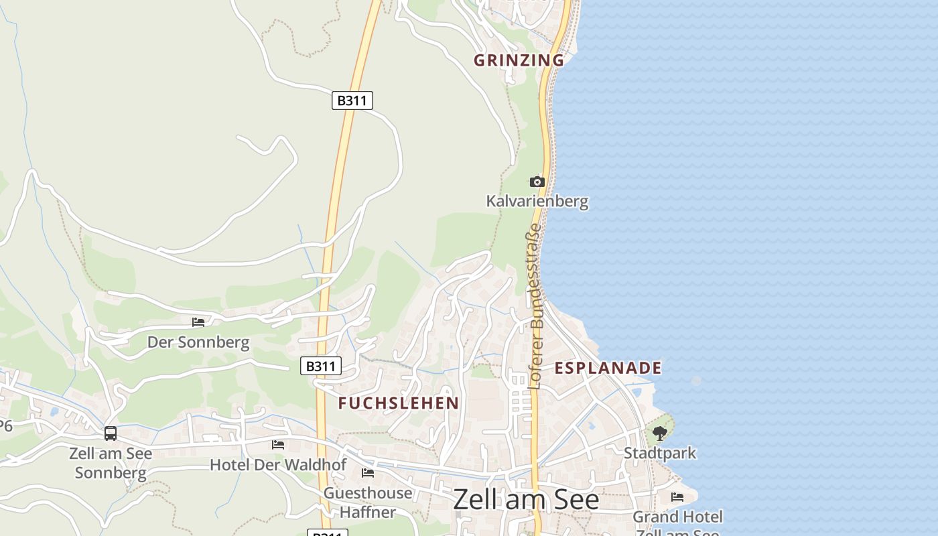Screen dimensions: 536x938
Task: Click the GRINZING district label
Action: (x=519, y=60)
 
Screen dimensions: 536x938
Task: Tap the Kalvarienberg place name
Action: (x=537, y=200)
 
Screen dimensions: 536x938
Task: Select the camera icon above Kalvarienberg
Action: (x=537, y=182)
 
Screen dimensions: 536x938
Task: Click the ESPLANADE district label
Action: (x=608, y=368)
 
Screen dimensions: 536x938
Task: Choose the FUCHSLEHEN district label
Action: (x=398, y=403)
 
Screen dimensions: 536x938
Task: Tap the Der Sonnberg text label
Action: (x=198, y=342)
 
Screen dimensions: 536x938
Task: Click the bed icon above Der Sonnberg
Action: (x=198, y=322)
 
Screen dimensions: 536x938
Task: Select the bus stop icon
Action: (x=111, y=433)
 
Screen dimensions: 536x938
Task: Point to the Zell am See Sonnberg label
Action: (x=111, y=463)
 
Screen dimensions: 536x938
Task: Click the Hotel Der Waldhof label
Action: (x=278, y=464)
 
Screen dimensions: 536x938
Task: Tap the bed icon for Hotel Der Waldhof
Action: (x=278, y=444)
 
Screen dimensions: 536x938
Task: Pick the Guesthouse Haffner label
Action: (x=368, y=503)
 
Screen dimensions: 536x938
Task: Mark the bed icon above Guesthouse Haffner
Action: (x=368, y=473)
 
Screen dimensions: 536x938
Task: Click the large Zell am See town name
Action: (x=526, y=499)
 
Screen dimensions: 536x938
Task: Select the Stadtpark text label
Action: (x=660, y=454)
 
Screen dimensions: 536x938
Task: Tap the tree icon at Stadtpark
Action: (x=660, y=433)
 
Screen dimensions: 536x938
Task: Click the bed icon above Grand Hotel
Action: (x=677, y=497)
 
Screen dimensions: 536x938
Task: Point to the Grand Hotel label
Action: (x=677, y=518)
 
